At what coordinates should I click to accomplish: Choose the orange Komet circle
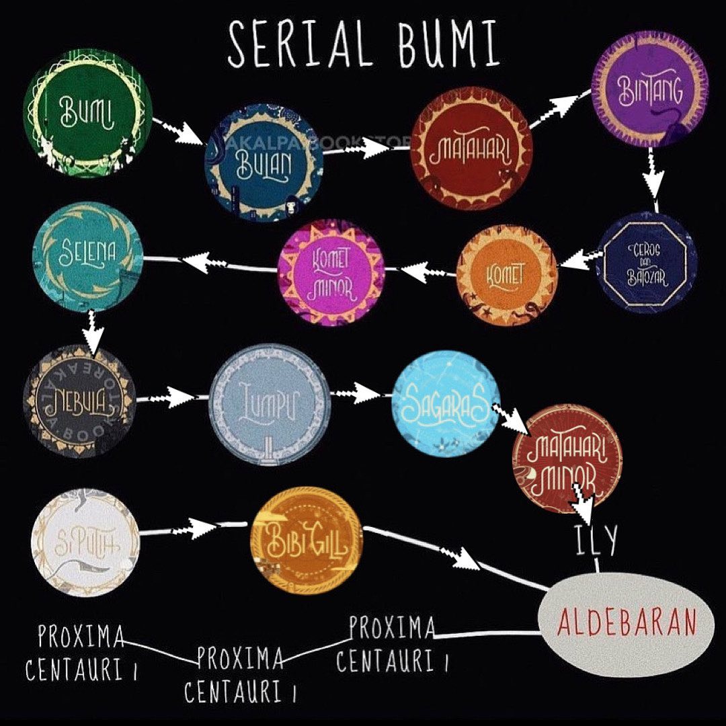pyautogui.click(x=507, y=275)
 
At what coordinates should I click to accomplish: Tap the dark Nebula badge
pyautogui.click(x=79, y=402)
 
